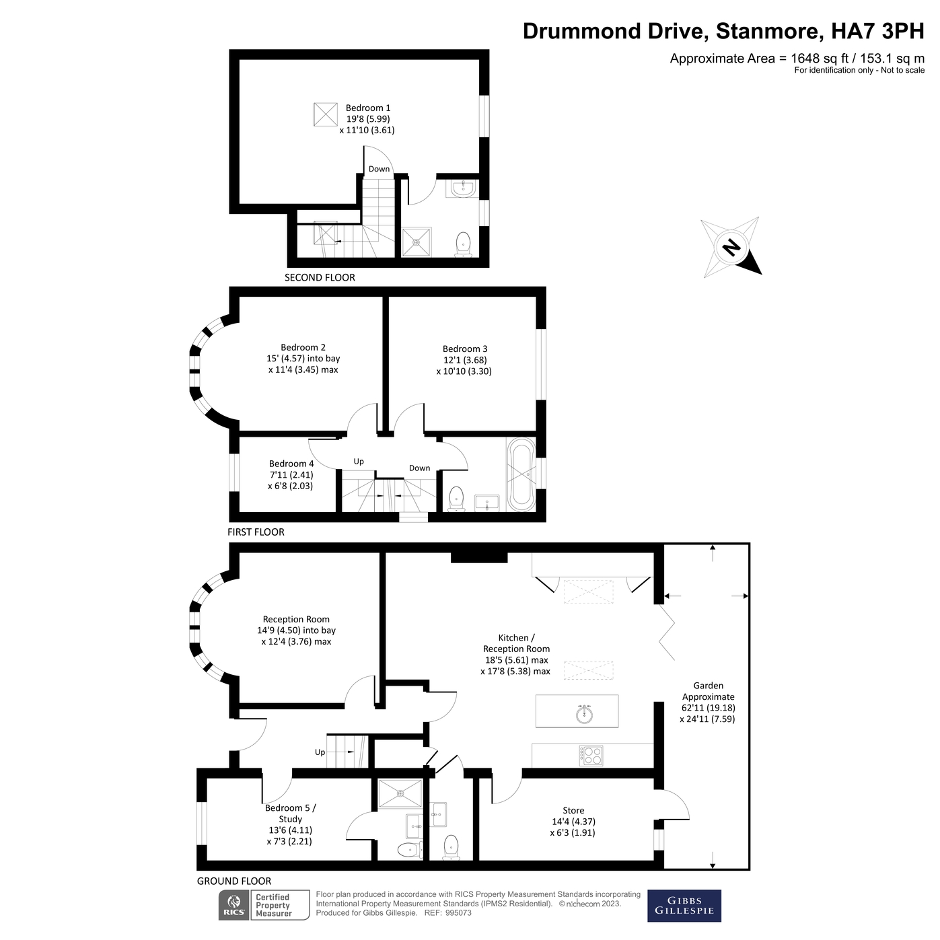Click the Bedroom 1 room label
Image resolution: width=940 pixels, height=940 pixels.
[x=367, y=118]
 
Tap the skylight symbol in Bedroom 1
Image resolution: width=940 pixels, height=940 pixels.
[x=325, y=114]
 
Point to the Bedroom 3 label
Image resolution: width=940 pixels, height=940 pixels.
[x=464, y=359]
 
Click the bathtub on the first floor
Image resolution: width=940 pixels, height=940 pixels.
[x=521, y=474]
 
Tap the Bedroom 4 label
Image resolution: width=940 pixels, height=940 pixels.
[x=291, y=474]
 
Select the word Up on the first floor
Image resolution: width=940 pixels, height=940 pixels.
[x=359, y=462]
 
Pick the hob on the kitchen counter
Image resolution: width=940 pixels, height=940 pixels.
[x=591, y=755]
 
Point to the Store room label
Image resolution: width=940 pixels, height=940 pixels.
[x=573, y=821]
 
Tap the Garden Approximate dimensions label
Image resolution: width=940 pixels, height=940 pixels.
[x=708, y=702]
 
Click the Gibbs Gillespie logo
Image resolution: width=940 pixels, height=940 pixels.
[x=684, y=906]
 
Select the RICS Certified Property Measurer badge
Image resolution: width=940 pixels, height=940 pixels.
[x=264, y=905]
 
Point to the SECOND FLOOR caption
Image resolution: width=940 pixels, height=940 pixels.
[x=320, y=277]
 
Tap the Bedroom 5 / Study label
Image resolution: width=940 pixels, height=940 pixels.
[x=290, y=824]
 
